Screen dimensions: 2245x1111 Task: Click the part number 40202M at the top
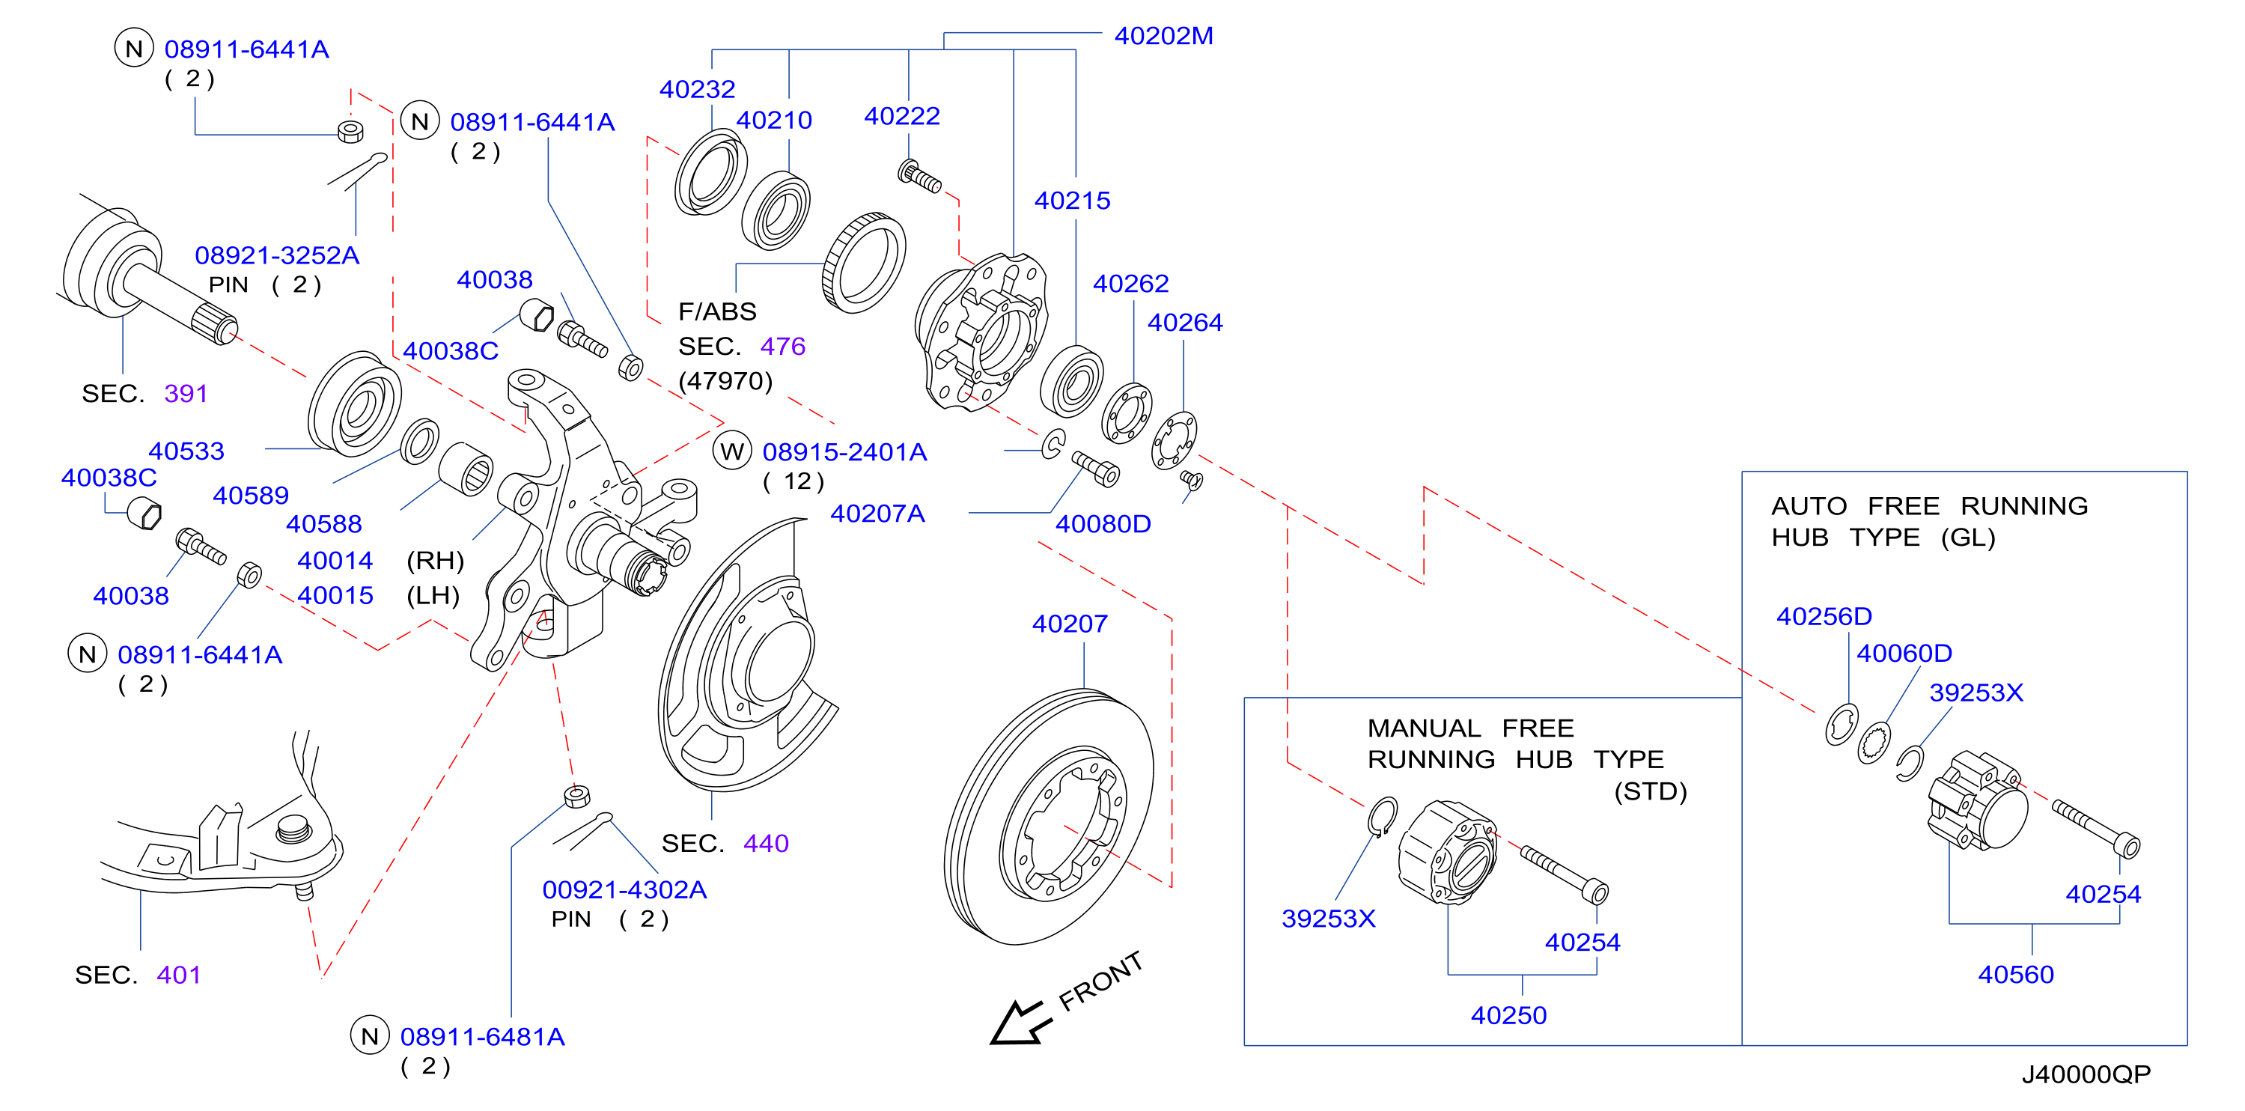1163,36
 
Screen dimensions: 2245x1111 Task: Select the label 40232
697,89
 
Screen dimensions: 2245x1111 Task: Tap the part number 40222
902,116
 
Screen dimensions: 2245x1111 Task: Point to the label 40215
1072,201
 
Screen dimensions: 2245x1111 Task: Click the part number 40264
1185,323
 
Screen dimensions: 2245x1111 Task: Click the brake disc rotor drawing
1049,817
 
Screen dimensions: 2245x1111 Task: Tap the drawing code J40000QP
2086,1074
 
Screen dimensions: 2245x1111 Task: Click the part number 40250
1508,1015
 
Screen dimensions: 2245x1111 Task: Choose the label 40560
2016,974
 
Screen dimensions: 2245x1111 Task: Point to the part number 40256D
1824,616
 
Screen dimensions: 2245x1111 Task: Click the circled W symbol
732,451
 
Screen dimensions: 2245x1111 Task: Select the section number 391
186,394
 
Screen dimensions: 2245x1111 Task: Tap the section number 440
766,844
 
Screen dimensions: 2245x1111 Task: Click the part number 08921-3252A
277,255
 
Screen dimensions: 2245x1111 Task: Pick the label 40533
186,451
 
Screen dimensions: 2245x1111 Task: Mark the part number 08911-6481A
483,1037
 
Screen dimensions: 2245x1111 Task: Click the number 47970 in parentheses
726,381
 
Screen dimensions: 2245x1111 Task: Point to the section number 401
179,975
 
